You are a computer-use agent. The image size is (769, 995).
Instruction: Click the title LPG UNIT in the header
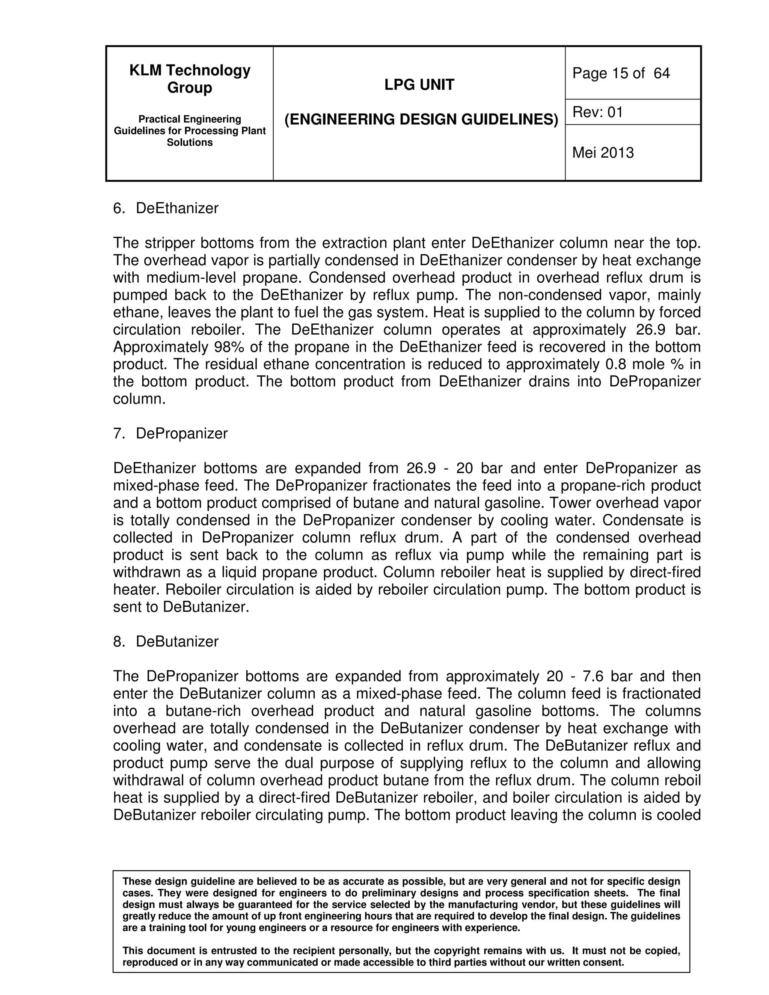pos(419,85)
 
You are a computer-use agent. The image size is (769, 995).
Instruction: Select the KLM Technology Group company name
pos(190,79)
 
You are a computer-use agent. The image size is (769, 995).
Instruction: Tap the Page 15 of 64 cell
pos(621,73)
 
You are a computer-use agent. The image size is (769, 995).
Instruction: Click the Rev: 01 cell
pos(597,112)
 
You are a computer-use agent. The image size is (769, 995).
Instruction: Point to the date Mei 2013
pos(603,152)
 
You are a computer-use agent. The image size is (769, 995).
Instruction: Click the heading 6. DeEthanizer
pos(166,208)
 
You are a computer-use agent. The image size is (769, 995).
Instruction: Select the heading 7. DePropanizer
pos(170,433)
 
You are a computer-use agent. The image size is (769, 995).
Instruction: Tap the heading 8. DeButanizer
pos(166,641)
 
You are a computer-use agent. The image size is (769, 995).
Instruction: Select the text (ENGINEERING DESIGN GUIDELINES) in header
pos(421,119)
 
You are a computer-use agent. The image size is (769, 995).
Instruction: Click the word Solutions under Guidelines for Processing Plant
pos(190,143)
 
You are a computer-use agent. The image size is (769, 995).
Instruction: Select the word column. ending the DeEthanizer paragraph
pos(139,399)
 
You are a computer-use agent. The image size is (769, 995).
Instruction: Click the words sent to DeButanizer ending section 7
pos(181,607)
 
